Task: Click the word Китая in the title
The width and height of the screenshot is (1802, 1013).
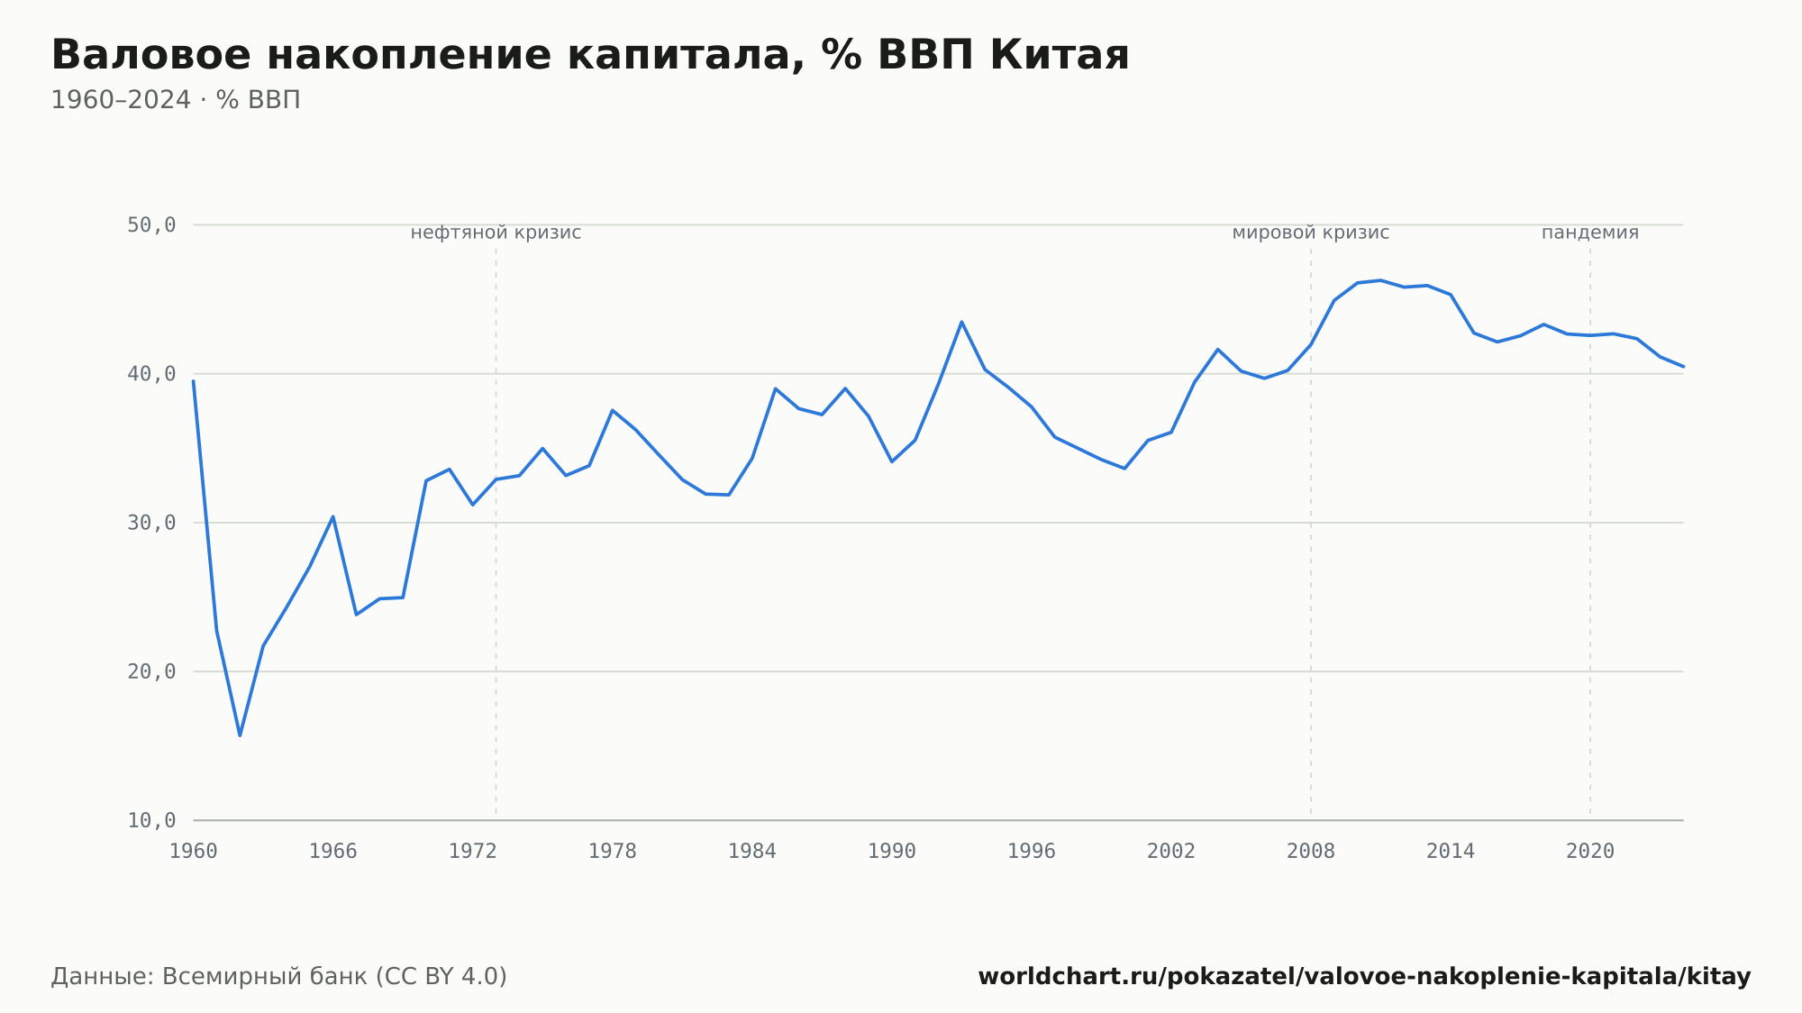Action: point(1060,55)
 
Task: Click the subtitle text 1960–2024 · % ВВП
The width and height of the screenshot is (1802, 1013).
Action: point(176,100)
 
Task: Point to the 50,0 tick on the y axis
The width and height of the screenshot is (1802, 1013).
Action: point(151,225)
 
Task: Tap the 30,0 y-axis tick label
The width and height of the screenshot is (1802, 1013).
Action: point(151,523)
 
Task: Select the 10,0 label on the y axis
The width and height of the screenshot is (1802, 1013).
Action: point(151,820)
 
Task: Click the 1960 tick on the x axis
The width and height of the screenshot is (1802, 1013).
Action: point(194,852)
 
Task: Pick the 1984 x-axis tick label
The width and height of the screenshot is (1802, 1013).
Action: point(752,852)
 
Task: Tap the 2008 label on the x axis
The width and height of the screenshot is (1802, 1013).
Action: point(1311,852)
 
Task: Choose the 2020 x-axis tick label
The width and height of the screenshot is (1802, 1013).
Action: point(1590,852)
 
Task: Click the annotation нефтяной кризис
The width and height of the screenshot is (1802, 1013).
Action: point(496,233)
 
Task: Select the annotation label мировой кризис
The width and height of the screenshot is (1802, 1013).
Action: point(1311,233)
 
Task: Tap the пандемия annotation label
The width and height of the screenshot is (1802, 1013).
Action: point(1590,233)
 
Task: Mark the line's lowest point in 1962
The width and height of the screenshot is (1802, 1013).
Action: point(240,735)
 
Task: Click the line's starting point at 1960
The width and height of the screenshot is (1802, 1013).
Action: point(194,381)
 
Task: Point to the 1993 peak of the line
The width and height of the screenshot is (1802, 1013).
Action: point(961,322)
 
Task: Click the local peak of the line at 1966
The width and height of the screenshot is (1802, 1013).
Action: point(332,516)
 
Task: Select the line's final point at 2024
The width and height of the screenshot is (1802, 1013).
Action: point(1683,367)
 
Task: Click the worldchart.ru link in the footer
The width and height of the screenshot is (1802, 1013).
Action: point(1364,976)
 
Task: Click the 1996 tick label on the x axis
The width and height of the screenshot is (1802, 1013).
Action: point(1032,852)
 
